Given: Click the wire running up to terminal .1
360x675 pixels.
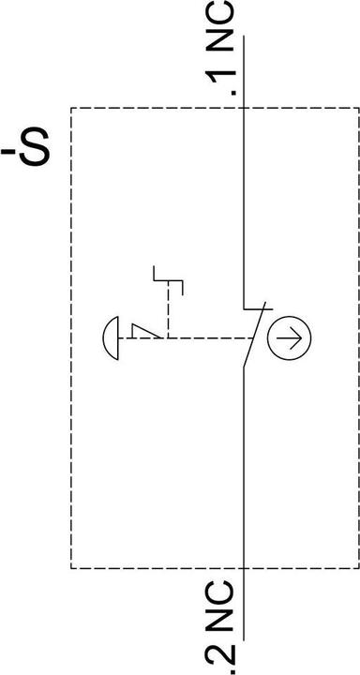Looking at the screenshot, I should point(243,187).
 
